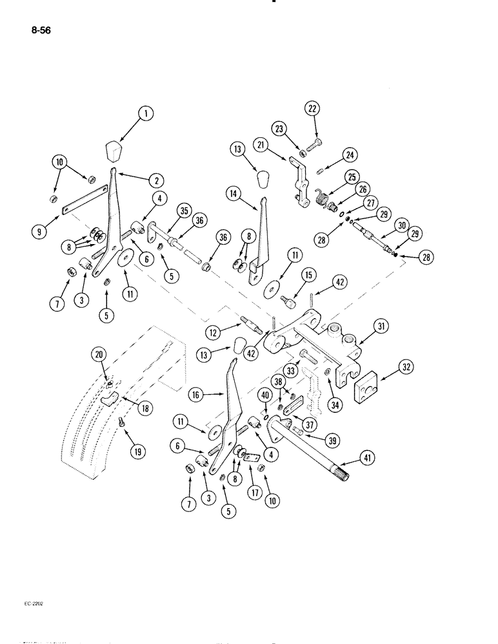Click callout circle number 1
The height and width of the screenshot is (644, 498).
pos(146,115)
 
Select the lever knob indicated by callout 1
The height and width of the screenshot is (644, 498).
pos(115,153)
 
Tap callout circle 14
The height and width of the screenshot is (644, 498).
pos(235,192)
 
